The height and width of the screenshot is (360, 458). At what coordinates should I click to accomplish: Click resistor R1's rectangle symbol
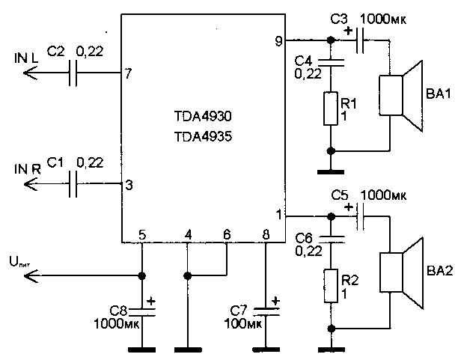point(330,109)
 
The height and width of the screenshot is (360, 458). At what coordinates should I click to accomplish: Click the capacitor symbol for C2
point(73,73)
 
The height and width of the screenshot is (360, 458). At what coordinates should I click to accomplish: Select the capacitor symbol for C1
point(73,184)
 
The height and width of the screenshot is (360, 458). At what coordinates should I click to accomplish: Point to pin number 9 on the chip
point(278,42)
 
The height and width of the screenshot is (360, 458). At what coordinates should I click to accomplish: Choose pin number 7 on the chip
point(129,74)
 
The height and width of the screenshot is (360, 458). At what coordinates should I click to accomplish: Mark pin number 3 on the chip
point(129,186)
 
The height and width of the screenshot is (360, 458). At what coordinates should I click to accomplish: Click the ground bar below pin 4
point(187,349)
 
